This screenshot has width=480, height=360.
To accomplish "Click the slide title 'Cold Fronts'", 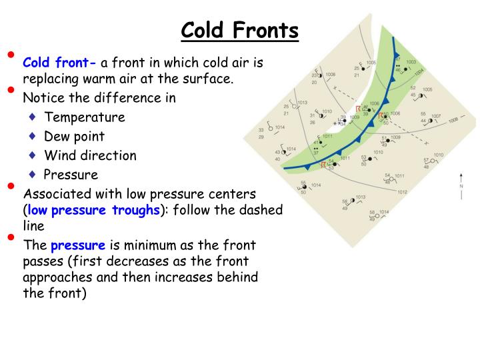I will (x=240, y=30).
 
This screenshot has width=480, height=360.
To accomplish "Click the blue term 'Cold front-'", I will (x=60, y=63).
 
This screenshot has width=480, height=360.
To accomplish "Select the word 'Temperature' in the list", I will (x=85, y=117).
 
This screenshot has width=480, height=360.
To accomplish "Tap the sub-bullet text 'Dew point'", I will (x=75, y=136).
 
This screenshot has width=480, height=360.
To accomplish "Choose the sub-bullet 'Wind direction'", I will (x=90, y=155).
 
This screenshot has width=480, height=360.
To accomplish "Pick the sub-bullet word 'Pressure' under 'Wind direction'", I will (x=71, y=175).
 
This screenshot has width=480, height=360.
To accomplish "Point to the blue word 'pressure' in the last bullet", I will (x=78, y=245).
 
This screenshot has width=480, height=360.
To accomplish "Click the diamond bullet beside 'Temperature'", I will (x=33, y=117).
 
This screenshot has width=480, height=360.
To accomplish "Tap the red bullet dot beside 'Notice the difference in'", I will (x=10, y=89).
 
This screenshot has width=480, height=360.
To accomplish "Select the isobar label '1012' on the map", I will (x=402, y=192).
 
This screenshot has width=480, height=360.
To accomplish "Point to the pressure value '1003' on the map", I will (x=411, y=62).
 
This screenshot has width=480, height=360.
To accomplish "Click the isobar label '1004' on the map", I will (x=419, y=72).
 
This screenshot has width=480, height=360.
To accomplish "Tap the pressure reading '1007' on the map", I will (x=435, y=117).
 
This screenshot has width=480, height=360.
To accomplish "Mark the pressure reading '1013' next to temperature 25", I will (x=302, y=103).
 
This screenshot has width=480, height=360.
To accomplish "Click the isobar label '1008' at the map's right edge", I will (x=453, y=121).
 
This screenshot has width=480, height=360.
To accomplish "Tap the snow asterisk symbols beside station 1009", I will (x=337, y=123).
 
